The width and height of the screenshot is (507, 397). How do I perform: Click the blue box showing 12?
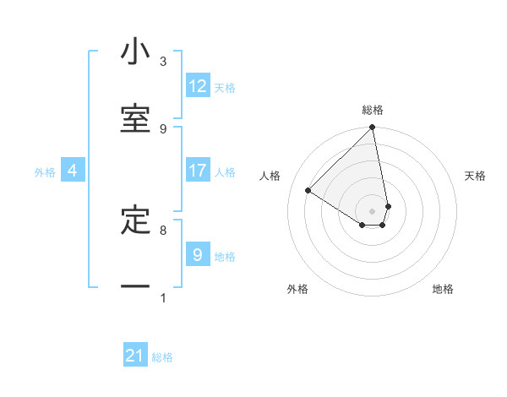tap(198, 86)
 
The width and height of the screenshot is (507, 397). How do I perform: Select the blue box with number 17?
tap(198, 171)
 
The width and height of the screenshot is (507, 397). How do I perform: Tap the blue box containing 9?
tap(197, 254)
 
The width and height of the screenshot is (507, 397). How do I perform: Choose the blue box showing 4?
tap(72, 171)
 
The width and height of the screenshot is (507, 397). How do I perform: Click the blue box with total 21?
tap(135, 356)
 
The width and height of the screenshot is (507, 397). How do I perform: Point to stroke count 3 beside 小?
tap(163, 62)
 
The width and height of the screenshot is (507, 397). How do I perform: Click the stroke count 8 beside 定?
tap(163, 230)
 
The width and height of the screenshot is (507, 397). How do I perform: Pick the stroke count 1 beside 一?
tap(163, 297)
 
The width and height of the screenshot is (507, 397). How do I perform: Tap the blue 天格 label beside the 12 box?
tap(225, 88)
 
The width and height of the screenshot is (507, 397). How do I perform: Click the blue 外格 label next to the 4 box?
tap(45, 172)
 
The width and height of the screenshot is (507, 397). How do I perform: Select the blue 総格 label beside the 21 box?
tap(162, 357)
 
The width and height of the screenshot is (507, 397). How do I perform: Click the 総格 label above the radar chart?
tap(373, 110)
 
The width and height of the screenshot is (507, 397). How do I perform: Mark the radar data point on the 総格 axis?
tap(373, 128)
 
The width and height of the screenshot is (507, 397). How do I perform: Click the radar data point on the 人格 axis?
tap(308, 191)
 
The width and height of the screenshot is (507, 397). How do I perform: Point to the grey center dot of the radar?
tap(373, 210)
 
